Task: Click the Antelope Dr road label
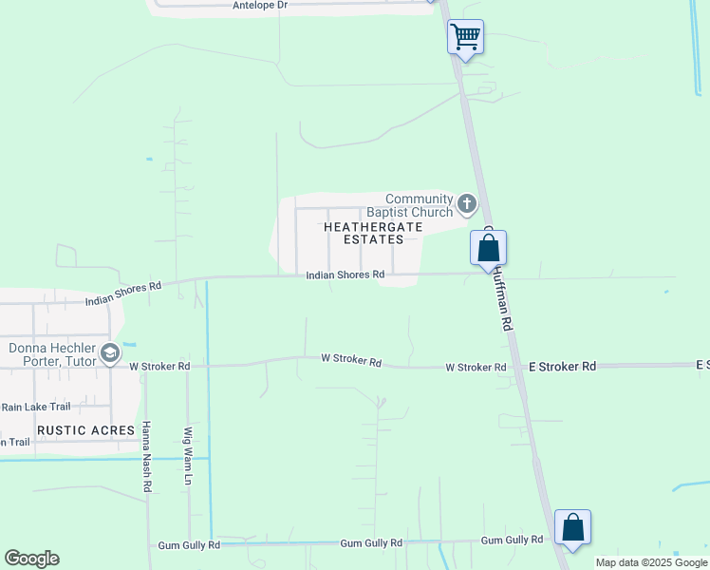click(260, 6)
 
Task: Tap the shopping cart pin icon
click(465, 37)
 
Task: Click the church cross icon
click(466, 203)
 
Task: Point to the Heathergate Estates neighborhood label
click(364, 234)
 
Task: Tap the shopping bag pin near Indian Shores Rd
click(488, 248)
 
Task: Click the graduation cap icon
click(110, 354)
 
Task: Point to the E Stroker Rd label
click(562, 366)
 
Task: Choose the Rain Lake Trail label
click(35, 407)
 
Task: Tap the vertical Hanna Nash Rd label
click(147, 456)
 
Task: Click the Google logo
click(31, 559)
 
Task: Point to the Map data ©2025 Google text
click(651, 562)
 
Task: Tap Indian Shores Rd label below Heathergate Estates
click(345, 275)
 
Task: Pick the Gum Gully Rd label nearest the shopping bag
click(512, 540)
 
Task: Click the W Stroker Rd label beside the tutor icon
click(159, 366)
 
